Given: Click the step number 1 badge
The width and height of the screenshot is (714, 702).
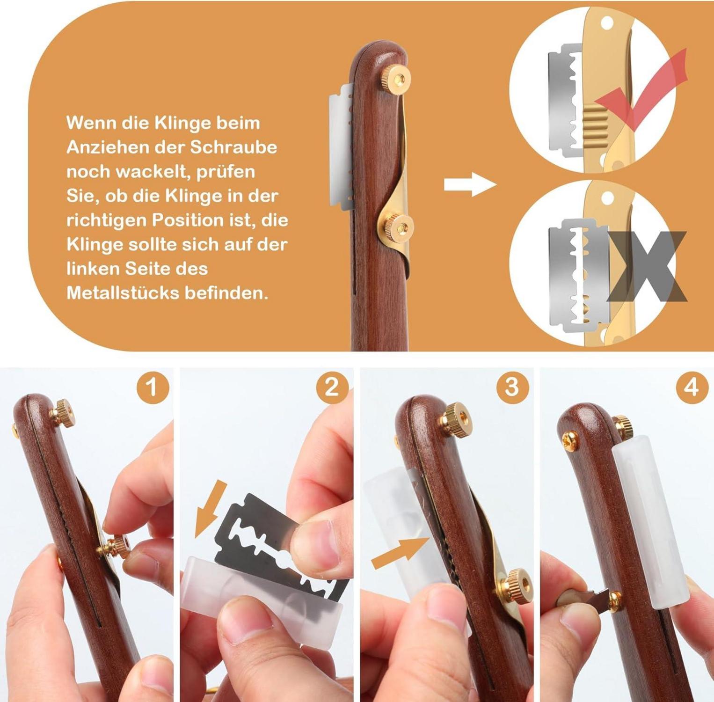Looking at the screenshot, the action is (x=152, y=388).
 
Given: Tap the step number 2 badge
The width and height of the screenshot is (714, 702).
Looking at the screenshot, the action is (x=332, y=388).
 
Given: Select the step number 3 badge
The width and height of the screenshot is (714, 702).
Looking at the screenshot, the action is (x=512, y=388).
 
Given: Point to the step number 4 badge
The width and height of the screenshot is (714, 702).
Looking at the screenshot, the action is (x=692, y=388).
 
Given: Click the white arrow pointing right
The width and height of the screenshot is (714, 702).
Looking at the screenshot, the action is (x=470, y=185).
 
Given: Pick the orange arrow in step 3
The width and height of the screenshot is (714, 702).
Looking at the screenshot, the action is (x=401, y=552).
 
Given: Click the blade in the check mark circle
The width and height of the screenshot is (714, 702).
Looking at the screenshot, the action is (x=566, y=101).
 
